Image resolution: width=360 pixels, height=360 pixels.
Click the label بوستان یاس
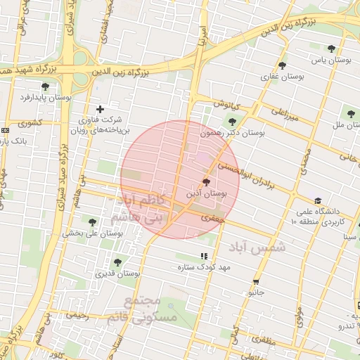(x=332, y=61)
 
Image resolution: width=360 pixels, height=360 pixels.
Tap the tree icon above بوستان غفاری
(x=282, y=65)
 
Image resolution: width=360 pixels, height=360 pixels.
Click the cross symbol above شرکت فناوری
(x=100, y=109)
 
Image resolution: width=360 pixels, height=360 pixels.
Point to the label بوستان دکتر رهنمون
(x=232, y=132)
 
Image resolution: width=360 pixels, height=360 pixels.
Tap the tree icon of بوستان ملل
(x=350, y=112)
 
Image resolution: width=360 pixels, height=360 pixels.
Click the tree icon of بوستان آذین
(x=205, y=182)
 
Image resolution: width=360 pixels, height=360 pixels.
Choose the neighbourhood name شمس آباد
(x=260, y=247)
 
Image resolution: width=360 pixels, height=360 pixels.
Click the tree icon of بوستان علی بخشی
(x=91, y=223)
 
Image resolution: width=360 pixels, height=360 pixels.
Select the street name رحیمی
(x=77, y=316)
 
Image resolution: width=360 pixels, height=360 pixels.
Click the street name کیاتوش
(x=227, y=105)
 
